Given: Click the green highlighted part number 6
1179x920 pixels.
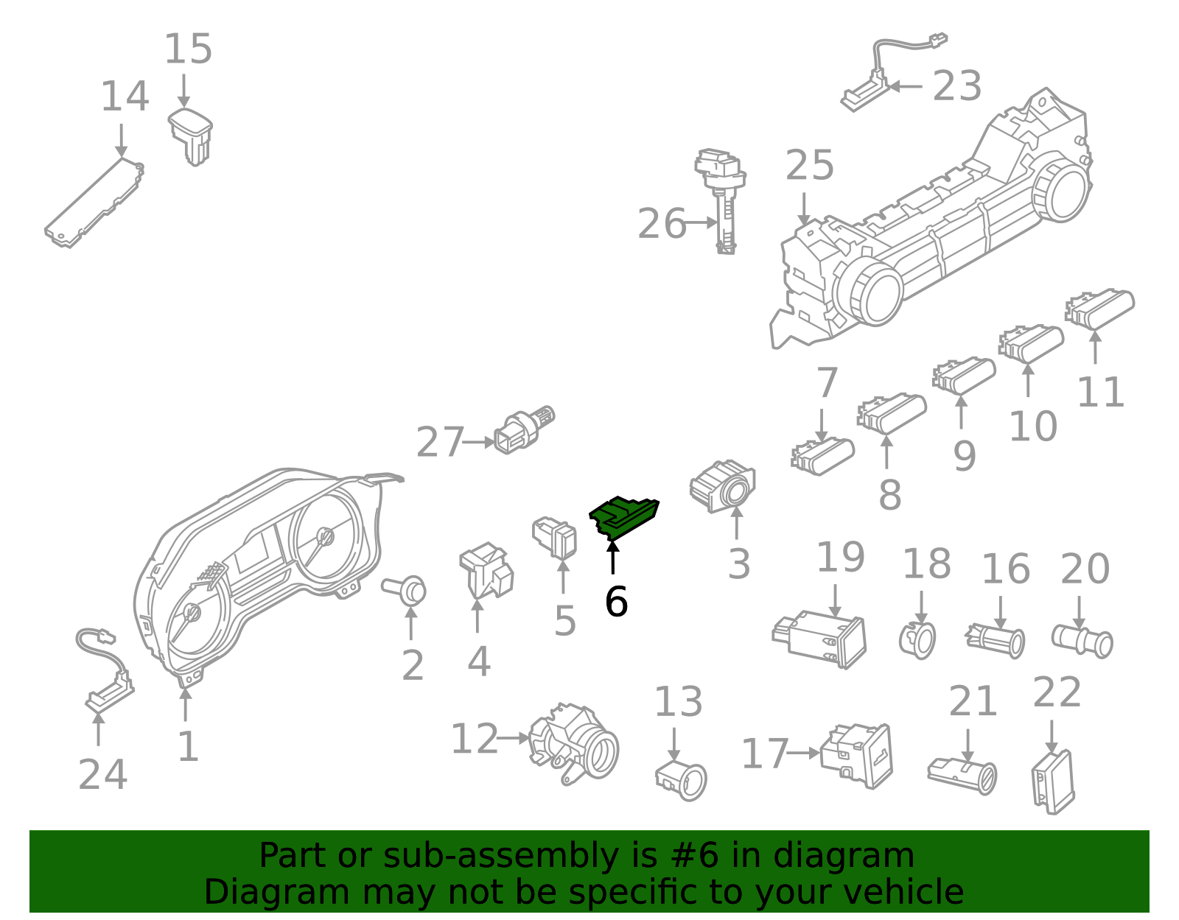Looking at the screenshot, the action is (x=623, y=518).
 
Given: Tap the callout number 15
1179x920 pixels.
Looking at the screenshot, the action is (x=188, y=49).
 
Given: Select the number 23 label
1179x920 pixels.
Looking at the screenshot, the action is (x=956, y=85).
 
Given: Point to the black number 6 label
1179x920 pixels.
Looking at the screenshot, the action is (x=616, y=601).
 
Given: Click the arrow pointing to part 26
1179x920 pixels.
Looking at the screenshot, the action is (x=701, y=222).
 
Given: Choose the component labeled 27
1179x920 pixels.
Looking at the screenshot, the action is (x=524, y=430).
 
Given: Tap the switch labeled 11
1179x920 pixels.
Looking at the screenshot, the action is (x=1099, y=309).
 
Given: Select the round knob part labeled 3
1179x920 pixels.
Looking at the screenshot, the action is (x=723, y=485).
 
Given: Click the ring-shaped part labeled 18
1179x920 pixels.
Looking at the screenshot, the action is (x=917, y=641).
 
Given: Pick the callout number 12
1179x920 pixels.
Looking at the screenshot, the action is (x=474, y=738).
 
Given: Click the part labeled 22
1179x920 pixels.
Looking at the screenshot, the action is (x=1052, y=782).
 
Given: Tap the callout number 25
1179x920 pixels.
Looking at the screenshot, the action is (x=809, y=165).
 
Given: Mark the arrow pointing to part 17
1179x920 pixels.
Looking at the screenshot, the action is (x=803, y=753).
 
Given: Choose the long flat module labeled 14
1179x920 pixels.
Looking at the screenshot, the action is (x=94, y=203).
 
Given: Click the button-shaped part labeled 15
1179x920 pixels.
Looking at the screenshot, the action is (x=190, y=136).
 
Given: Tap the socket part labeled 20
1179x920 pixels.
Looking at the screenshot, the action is (x=1082, y=642).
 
